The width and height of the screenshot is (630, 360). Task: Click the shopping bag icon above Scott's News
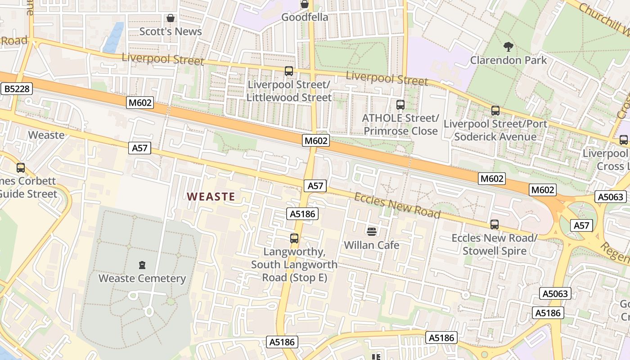click(171, 18)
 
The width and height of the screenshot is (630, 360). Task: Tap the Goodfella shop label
click(305, 17)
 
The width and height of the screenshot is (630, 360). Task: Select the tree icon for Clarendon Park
click(508, 46)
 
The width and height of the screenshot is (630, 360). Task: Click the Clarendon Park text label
click(508, 60)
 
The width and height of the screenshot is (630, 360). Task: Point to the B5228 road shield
click(17, 89)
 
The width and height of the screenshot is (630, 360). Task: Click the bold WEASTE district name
click(211, 197)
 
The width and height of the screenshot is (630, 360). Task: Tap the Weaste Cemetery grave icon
click(143, 265)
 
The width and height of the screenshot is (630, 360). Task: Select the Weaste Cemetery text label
click(142, 278)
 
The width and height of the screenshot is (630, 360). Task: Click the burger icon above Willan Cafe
click(372, 232)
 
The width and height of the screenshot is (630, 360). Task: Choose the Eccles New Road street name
click(397, 206)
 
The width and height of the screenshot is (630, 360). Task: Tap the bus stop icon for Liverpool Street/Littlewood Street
click(289, 71)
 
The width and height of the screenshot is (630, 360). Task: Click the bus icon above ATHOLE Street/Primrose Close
click(400, 105)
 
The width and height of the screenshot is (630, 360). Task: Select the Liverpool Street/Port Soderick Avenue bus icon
click(495, 110)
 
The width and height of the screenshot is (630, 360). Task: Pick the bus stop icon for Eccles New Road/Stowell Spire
click(495, 224)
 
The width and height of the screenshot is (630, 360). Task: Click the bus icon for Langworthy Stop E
click(294, 238)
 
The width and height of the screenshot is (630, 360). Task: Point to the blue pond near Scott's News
click(113, 38)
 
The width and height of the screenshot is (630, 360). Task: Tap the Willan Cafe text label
click(372, 245)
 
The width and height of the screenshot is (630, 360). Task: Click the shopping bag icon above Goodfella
click(305, 4)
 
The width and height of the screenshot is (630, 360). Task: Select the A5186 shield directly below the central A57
click(303, 214)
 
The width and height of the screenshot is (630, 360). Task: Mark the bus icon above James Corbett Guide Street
click(21, 168)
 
